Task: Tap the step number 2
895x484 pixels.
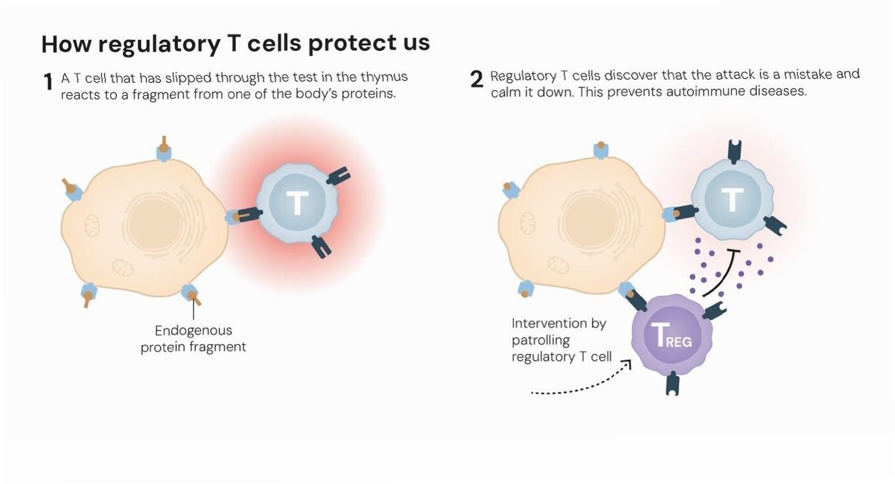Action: pyautogui.click(x=477, y=80)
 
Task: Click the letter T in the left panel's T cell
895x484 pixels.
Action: pyautogui.click(x=297, y=202)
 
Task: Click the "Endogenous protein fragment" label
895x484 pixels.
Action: pyautogui.click(x=193, y=338)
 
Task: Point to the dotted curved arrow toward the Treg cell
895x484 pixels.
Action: pyautogui.click(x=581, y=384)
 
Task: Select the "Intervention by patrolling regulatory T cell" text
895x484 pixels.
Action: pyautogui.click(x=561, y=340)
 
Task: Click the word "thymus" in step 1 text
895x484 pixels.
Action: pyautogui.click(x=384, y=77)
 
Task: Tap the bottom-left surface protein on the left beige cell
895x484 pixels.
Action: pyautogui.click(x=88, y=294)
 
